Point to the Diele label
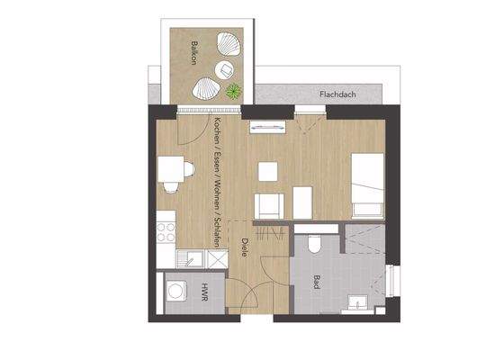click(x=242, y=247)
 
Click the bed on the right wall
click(x=367, y=184)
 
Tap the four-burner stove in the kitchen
click(x=165, y=233)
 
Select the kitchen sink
click(x=192, y=259)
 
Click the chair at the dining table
click(x=170, y=187)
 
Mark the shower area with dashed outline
click(x=364, y=244)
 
